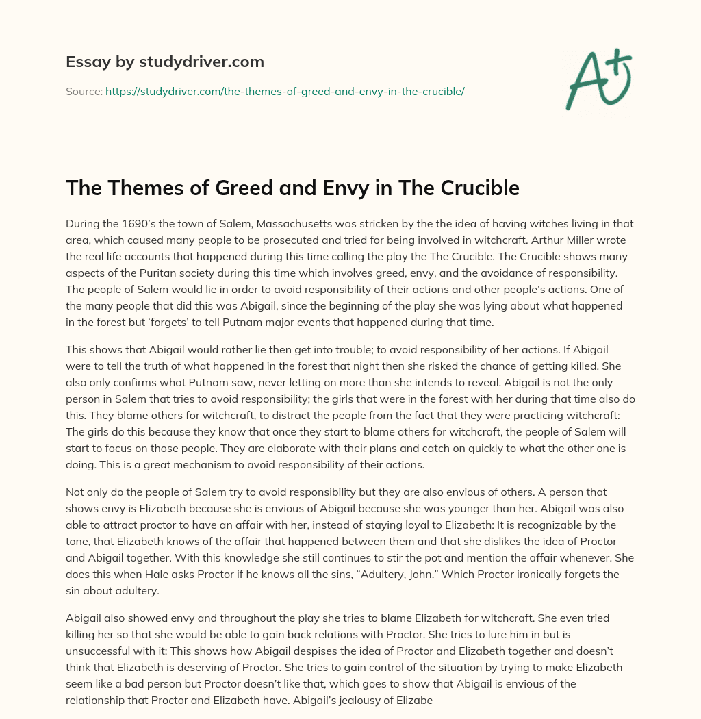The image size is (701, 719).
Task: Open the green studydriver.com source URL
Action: (x=285, y=91)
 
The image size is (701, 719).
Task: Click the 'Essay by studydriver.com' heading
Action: (x=165, y=62)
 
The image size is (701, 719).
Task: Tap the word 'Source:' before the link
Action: (x=84, y=91)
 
